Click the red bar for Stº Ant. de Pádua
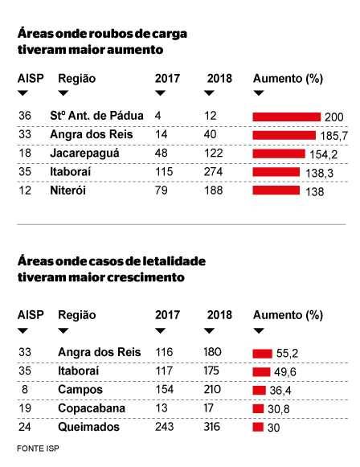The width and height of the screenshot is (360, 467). (286, 117)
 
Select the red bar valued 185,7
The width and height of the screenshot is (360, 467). (284, 135)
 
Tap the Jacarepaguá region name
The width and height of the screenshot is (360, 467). (84, 154)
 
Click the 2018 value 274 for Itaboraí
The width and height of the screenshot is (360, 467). (213, 171)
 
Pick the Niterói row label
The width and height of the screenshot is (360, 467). (67, 190)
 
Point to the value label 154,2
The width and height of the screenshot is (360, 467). (323, 154)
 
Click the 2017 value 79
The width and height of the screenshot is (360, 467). (161, 190)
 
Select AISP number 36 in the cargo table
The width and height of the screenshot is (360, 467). (25, 116)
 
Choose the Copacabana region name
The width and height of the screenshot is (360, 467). (92, 408)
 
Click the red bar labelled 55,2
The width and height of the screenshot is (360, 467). (262, 354)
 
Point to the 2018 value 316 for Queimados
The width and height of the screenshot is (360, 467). (212, 427)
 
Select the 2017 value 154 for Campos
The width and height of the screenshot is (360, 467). (164, 389)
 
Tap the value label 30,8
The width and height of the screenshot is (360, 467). (278, 409)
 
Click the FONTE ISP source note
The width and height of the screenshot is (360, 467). (38, 449)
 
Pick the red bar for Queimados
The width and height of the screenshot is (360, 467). (258, 427)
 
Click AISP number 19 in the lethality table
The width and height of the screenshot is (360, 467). (25, 408)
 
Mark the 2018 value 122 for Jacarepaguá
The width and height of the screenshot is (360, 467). (213, 153)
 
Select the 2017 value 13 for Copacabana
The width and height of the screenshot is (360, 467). (161, 408)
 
